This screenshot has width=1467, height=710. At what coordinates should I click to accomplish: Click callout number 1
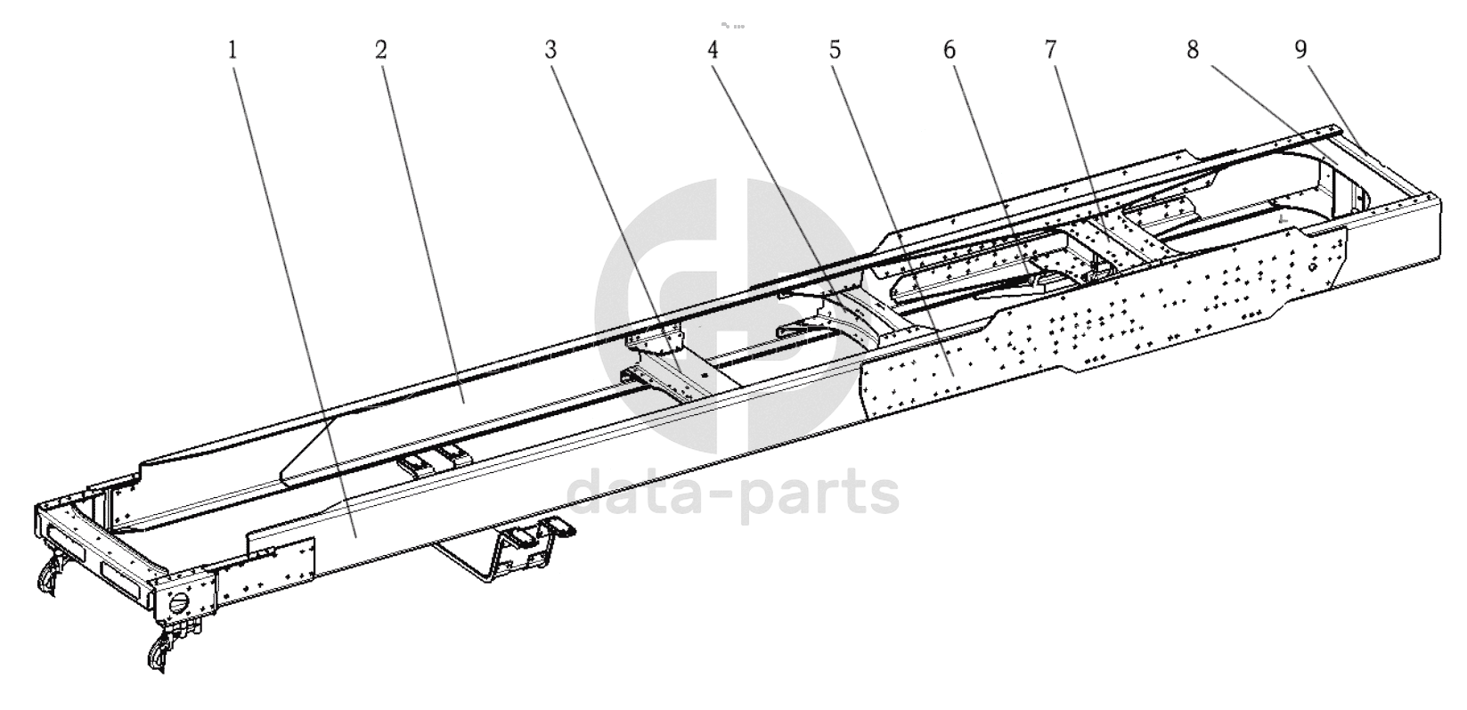tap(233, 51)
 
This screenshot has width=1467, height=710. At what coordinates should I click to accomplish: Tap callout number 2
tap(381, 50)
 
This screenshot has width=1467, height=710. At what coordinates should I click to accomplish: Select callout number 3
tap(550, 50)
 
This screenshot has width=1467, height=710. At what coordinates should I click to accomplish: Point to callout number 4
tap(713, 50)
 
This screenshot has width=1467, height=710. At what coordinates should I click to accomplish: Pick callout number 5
tap(835, 50)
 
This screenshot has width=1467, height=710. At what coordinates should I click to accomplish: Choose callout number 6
tap(949, 50)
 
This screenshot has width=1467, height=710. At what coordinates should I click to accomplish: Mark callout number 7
tap(1050, 50)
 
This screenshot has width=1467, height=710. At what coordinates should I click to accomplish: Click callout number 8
tap(1193, 50)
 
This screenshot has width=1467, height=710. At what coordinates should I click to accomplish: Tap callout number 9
tap(1300, 50)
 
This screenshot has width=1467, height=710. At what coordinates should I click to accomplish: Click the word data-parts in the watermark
tap(732, 495)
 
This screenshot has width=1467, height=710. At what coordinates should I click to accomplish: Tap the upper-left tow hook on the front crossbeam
tap(50, 573)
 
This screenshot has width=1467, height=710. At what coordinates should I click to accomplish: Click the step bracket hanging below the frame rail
tap(504, 547)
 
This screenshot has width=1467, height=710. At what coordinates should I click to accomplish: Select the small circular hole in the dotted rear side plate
tap(1312, 268)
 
